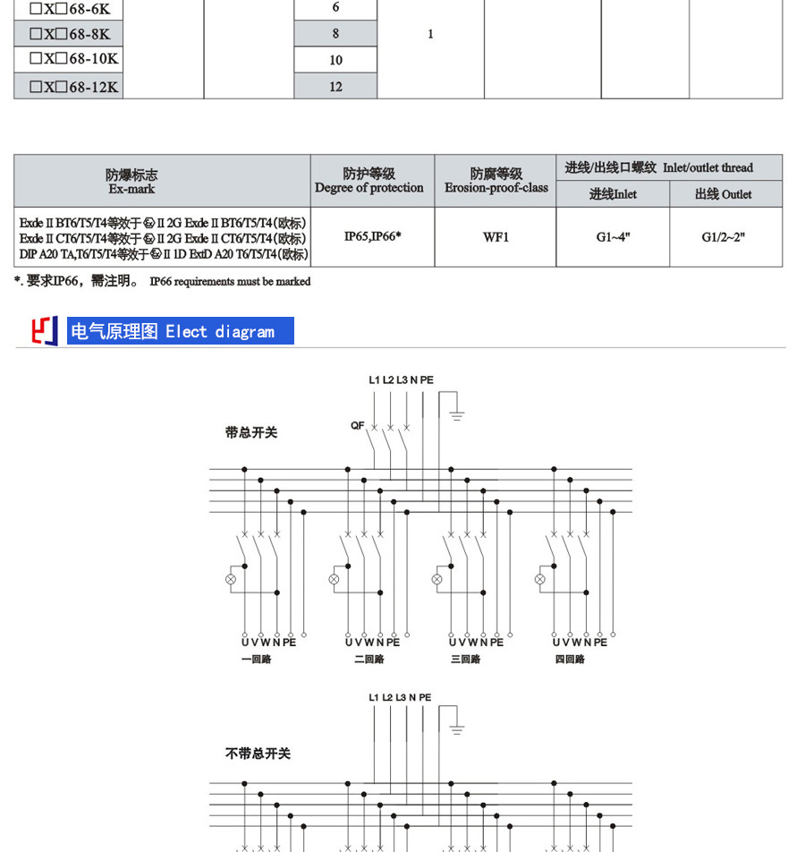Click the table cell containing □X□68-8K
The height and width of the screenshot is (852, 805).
[x=70, y=34]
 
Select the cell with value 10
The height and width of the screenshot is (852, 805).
[x=335, y=60]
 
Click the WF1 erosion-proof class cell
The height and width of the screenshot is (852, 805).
[x=496, y=237]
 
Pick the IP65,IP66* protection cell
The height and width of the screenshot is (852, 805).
[x=372, y=237]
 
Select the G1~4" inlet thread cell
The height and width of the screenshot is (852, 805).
[x=613, y=237]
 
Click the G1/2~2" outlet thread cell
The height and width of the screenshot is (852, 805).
[x=724, y=237]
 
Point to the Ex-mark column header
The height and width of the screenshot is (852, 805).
[x=131, y=181]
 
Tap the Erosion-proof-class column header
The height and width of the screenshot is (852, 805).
[x=496, y=181]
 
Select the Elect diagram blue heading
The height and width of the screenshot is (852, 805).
[x=179, y=331]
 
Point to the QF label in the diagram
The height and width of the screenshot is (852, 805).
[x=357, y=426]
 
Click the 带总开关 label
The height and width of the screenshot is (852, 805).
[x=251, y=432]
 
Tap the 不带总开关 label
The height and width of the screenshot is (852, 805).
[x=258, y=754]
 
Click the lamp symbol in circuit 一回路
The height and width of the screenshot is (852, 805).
[x=231, y=579]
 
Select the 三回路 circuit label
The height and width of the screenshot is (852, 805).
[x=465, y=659]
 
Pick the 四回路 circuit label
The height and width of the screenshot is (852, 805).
[x=570, y=659]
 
